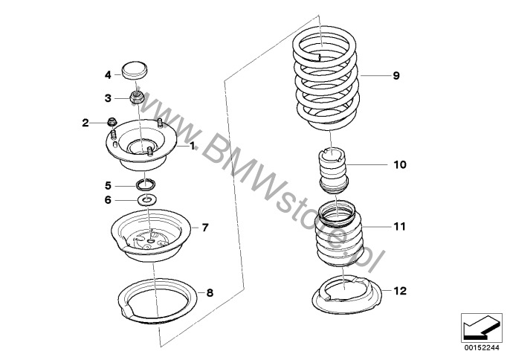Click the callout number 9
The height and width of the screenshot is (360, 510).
click(x=396, y=76)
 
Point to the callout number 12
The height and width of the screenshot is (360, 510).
click(x=399, y=291)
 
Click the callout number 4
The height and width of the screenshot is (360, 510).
click(x=108, y=74)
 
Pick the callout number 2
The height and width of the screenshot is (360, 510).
click(x=85, y=122)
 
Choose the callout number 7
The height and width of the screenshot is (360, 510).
click(x=205, y=226)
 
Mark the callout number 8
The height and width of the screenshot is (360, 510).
click(x=210, y=293)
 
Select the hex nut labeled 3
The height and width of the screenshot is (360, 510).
click(x=136, y=96)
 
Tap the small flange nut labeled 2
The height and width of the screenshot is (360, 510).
click(x=111, y=121)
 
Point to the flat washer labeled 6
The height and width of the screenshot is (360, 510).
click(x=147, y=199)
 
